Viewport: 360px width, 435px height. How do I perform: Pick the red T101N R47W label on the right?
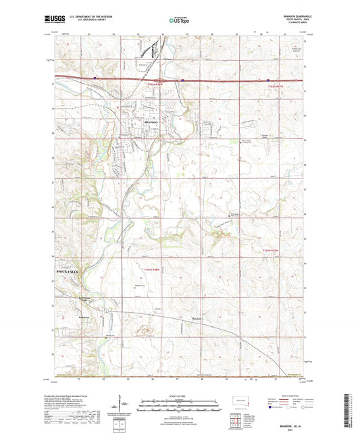(x=272, y=251)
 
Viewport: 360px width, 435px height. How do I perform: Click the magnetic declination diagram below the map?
(x=125, y=404)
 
